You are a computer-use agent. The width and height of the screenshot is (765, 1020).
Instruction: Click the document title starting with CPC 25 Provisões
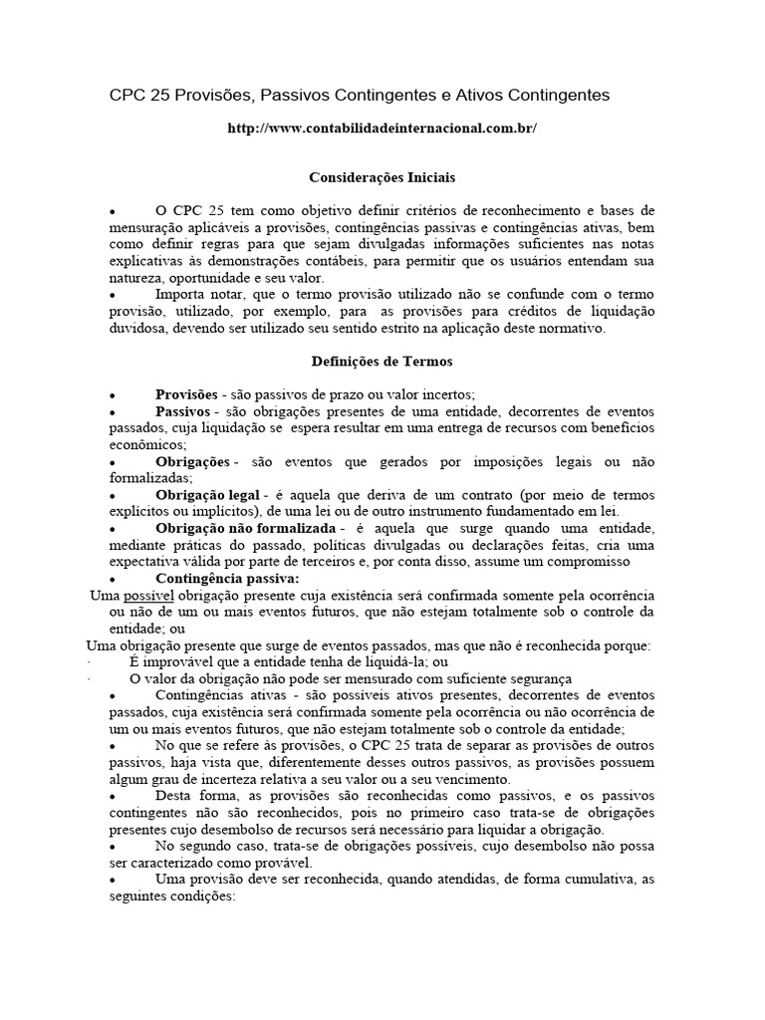359,95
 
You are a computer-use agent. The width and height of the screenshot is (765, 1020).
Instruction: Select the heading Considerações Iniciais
382,177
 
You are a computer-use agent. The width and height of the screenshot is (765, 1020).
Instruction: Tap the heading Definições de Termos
382,362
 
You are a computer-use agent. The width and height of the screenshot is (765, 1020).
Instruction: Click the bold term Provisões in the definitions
186,394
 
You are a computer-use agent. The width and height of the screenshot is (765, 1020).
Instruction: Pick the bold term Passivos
181,411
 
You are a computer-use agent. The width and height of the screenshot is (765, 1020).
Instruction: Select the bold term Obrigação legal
207,495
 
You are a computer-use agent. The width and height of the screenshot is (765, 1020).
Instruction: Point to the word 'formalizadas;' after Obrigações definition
149,478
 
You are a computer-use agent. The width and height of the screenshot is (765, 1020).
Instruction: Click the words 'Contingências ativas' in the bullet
217,695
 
